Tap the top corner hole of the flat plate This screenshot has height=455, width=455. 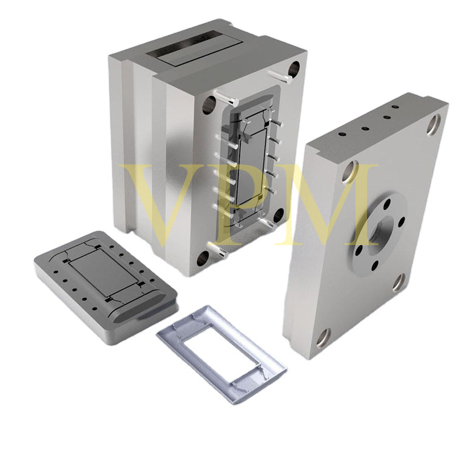[x=434, y=126]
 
